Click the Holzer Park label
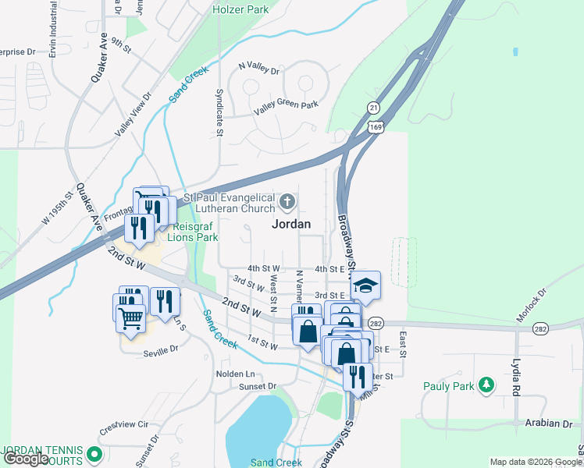[x=241, y=10]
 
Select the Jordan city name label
[x=290, y=224]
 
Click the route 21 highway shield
[x=375, y=107]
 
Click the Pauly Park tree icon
[x=487, y=385]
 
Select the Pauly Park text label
[x=448, y=385]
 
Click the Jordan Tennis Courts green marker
[x=95, y=452]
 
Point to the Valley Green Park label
[x=289, y=105]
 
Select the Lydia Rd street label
[x=516, y=376]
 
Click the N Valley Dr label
[x=258, y=69]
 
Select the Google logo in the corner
[x=26, y=459]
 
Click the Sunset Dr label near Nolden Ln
[x=258, y=386]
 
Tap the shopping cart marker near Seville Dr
[x=130, y=317]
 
